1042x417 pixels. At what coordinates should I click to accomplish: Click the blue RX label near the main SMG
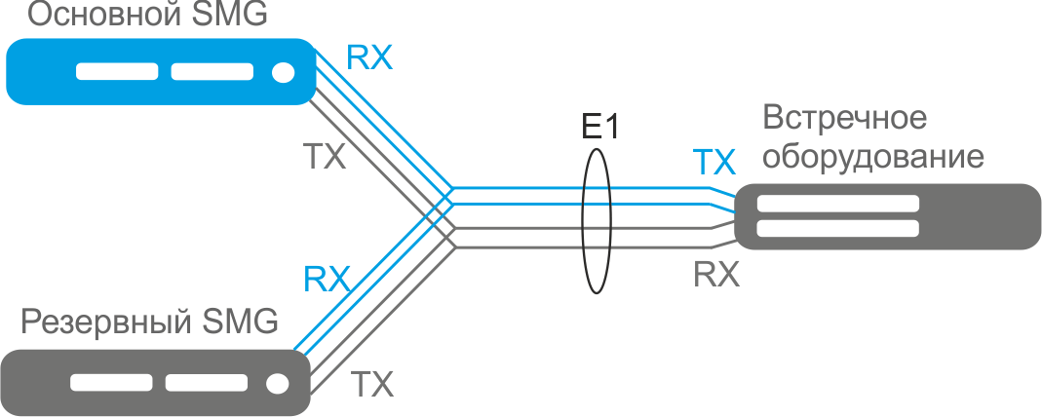pyautogui.click(x=369, y=59)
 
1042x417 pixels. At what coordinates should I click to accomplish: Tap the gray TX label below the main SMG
pyautogui.click(x=326, y=156)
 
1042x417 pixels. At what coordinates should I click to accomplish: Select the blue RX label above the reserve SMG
pyautogui.click(x=328, y=279)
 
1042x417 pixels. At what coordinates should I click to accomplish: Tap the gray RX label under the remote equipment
pyautogui.click(x=716, y=274)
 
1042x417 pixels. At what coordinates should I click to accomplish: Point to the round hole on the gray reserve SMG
pyautogui.click(x=279, y=383)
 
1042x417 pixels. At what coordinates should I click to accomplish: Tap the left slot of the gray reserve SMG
pyautogui.click(x=112, y=383)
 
